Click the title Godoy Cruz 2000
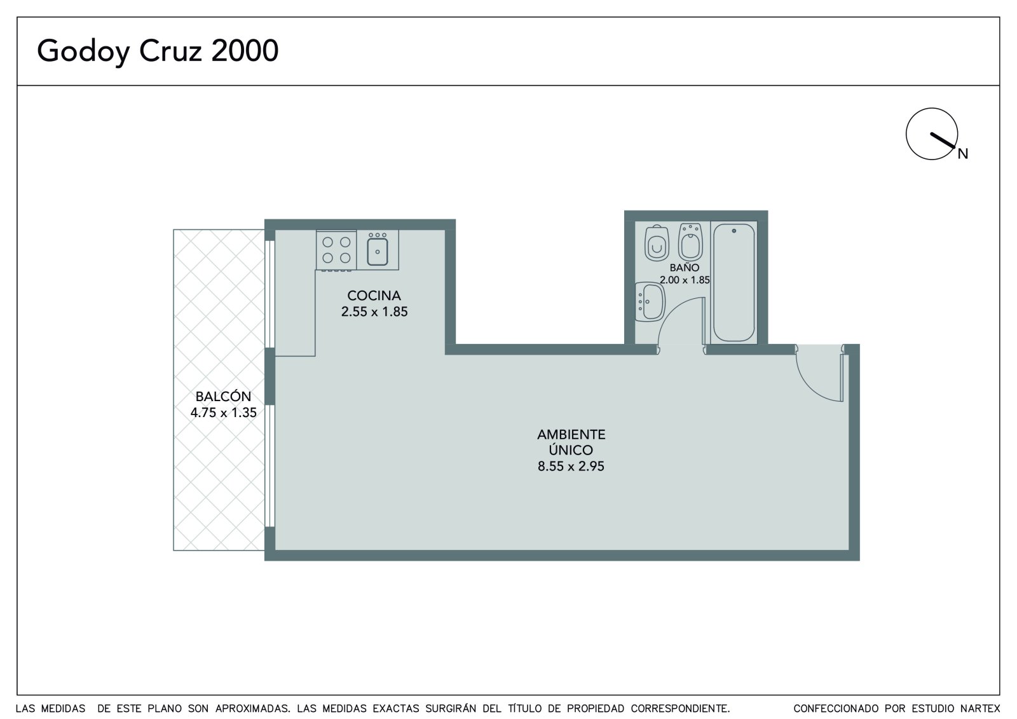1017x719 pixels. click(158, 51)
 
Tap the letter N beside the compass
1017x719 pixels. click(963, 154)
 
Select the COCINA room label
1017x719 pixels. click(374, 296)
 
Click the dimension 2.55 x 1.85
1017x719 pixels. click(374, 312)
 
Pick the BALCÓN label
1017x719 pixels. click(223, 396)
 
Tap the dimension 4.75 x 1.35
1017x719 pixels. click(223, 413)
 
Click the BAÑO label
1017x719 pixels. click(685, 267)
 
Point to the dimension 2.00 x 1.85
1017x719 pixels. click(685, 280)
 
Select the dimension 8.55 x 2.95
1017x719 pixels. click(571, 467)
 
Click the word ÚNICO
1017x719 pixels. click(571, 449)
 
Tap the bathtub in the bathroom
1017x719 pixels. click(734, 282)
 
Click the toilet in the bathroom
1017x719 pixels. click(657, 243)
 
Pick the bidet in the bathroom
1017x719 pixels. click(690, 242)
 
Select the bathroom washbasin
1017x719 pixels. click(650, 302)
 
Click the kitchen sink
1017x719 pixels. click(378, 250)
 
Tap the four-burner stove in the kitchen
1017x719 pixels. click(336, 250)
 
